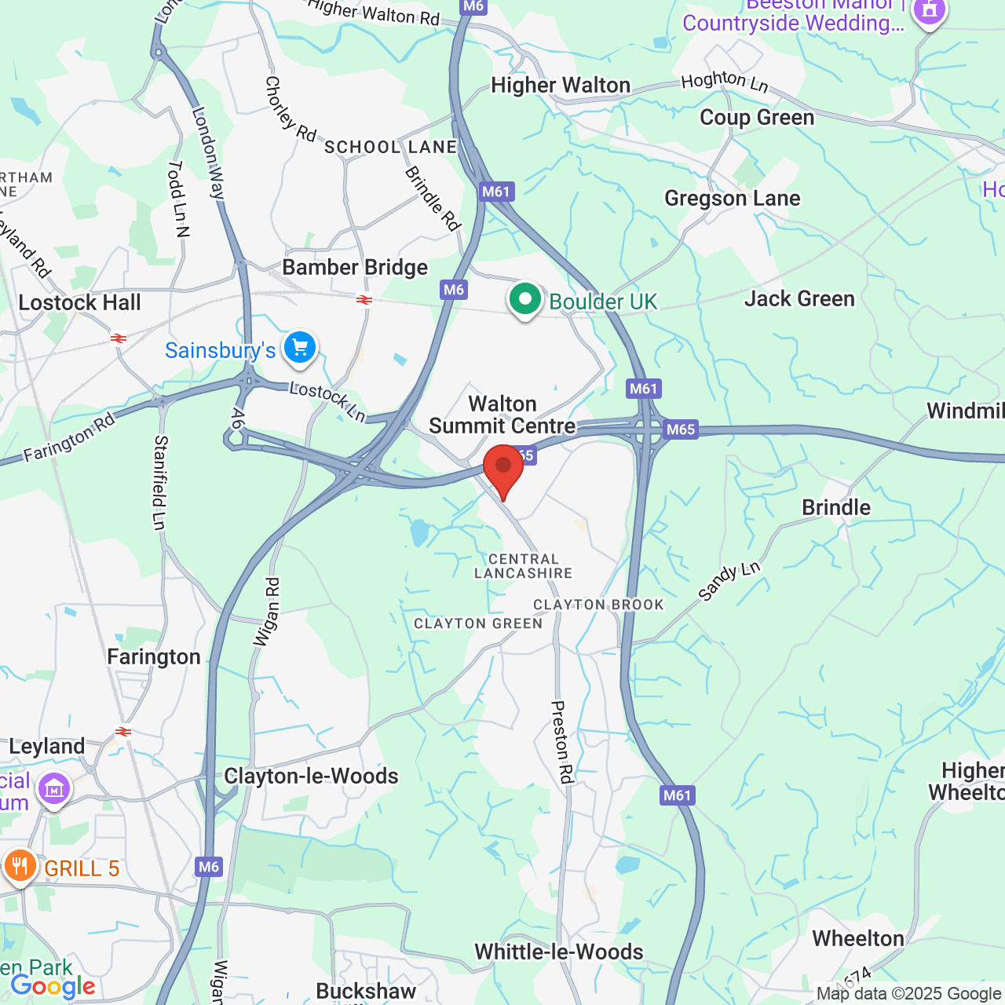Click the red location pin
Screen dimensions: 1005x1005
pos(503,468)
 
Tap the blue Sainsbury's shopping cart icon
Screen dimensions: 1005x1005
pos(300,347)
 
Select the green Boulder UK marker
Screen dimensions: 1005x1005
pos(524,299)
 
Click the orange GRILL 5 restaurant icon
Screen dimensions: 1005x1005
pos(20,866)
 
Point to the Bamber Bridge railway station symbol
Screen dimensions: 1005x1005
pos(364,300)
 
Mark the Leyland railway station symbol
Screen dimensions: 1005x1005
pos(123,732)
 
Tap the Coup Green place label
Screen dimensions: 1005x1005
pos(757,118)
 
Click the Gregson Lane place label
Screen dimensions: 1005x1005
pos(732,199)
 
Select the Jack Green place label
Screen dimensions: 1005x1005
pos(799,299)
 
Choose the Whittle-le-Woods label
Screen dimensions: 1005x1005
pos(559,952)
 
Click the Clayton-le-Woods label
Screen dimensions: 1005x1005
pos(311,776)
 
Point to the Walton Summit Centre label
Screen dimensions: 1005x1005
pos(502,415)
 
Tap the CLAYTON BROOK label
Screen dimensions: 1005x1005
pos(598,605)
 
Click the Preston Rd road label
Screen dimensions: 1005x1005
pos(562,742)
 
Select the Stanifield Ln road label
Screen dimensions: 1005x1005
pos(160,483)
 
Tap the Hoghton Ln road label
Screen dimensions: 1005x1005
pos(724,81)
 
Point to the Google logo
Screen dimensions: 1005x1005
pos(53,987)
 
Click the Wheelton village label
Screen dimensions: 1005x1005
pos(858,939)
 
